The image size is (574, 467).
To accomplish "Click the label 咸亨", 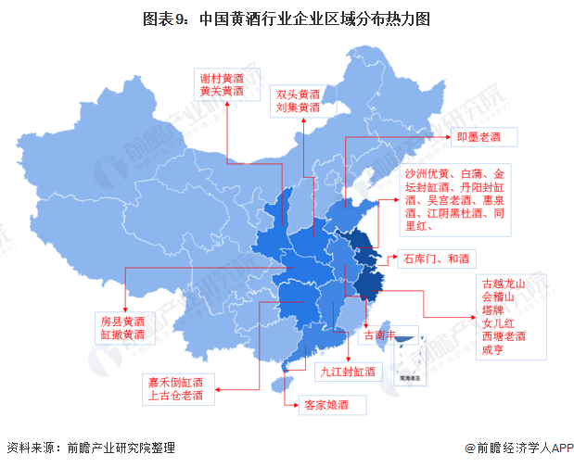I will click(x=491, y=349).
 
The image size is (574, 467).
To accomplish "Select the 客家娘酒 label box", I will click(x=323, y=405).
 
